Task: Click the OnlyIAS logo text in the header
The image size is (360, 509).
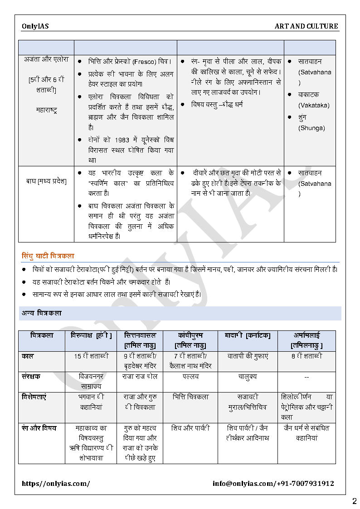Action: pos(35,26)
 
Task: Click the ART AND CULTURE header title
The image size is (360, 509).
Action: pos(306,26)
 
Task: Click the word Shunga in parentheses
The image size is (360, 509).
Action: pos(311,128)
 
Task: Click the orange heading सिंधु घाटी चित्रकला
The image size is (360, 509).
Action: pos(48,256)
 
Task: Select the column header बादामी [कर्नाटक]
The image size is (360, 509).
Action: pos(248,335)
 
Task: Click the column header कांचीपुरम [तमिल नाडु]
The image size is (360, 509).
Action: pos(190,340)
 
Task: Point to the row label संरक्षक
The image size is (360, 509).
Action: pos(31,376)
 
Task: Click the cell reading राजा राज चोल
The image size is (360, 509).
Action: pos(140,376)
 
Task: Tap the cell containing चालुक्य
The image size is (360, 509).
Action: pos(248,377)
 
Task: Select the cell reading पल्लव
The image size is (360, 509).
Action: pos(190,376)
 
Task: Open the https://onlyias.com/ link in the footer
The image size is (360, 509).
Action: pos(56,484)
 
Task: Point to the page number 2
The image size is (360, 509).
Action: pos(354,501)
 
